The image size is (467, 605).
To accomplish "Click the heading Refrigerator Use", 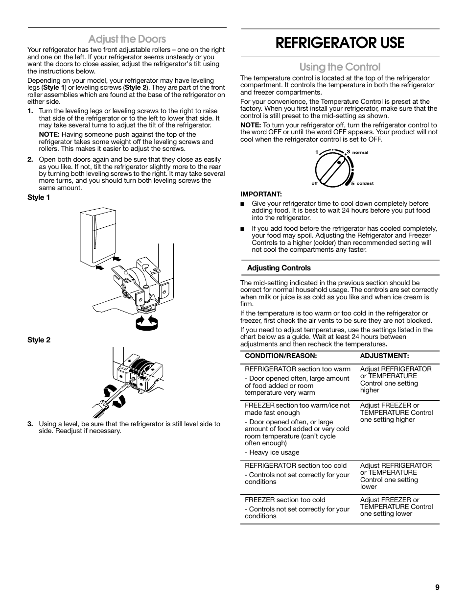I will coord(340,43).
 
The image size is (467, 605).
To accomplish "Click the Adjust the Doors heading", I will coord(127,39).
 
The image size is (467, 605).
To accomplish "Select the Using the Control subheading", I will coord(340,67).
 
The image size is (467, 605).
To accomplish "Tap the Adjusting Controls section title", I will coord(279,268).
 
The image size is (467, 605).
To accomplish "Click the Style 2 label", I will coord(39,340).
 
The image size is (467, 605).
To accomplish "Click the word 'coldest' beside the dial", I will coord(365,183).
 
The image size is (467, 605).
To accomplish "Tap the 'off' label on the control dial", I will coord(314,183).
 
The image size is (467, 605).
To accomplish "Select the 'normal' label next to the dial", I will coord(360,152).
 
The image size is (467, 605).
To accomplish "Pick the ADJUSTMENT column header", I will coord(384,356).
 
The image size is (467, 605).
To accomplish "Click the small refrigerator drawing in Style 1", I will coord(98,238).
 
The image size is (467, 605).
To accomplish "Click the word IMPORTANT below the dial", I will coord(261,194).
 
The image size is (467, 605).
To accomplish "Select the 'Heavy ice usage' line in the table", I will coord(272,453).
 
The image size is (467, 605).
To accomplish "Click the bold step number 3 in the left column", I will coord(30,424).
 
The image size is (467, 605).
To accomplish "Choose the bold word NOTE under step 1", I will coord(48,135).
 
